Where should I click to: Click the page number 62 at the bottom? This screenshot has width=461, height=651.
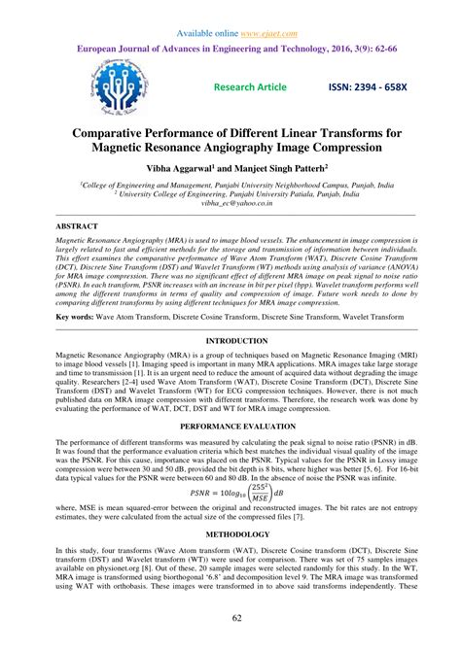click(230, 620)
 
